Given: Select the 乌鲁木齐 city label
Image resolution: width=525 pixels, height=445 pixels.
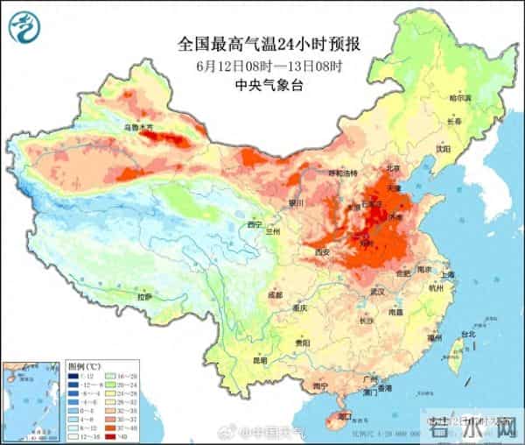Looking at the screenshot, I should point(137,128).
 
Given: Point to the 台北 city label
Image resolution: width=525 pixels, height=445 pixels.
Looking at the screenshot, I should point(467,334).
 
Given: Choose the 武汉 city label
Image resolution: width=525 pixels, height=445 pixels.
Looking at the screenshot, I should point(378,291).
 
